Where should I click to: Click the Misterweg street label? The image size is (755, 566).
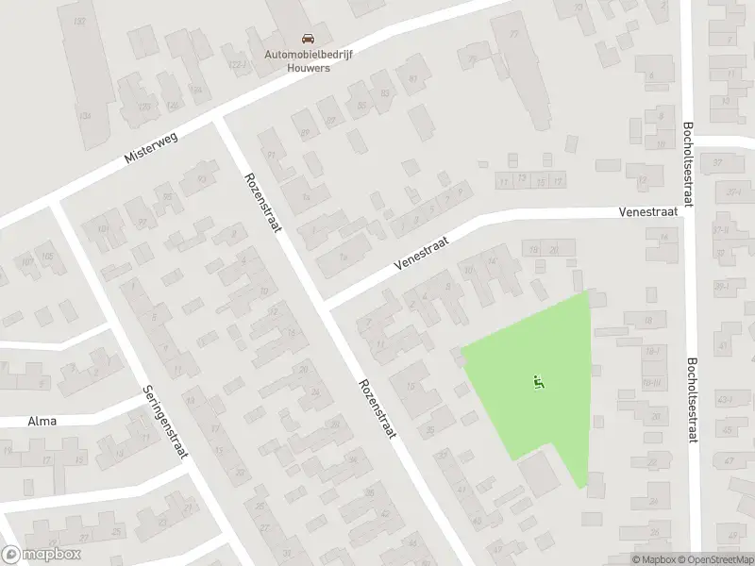(x=151, y=149)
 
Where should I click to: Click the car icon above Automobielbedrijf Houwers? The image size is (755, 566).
(x=308, y=39)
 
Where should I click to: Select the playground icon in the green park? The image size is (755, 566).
(x=539, y=382)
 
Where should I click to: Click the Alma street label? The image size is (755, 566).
(x=42, y=421)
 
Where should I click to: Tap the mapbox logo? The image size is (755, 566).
(x=41, y=555)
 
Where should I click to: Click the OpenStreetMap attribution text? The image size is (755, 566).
(x=713, y=559)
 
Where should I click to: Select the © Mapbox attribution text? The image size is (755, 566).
(x=651, y=559)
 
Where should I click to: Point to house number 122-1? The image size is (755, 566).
(x=238, y=65)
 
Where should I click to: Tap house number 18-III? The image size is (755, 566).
(x=651, y=382)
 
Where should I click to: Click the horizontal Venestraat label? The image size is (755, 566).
(x=648, y=213)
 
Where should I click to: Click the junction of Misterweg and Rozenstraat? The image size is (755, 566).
(x=219, y=121)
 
